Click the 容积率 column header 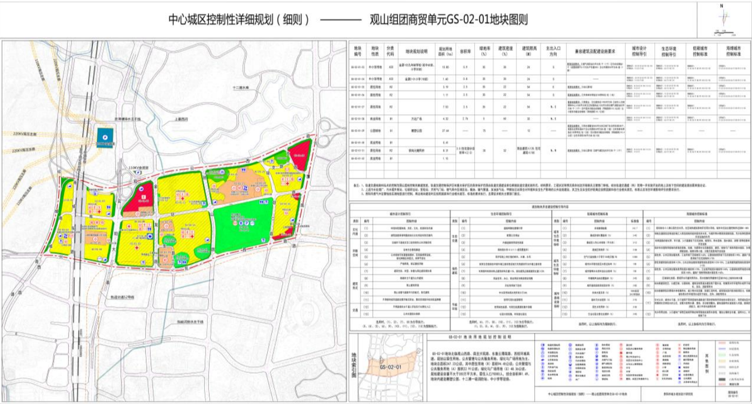[x=464, y=51]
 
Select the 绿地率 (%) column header [x=481, y=51]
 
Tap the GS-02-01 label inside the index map [x=391, y=366]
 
